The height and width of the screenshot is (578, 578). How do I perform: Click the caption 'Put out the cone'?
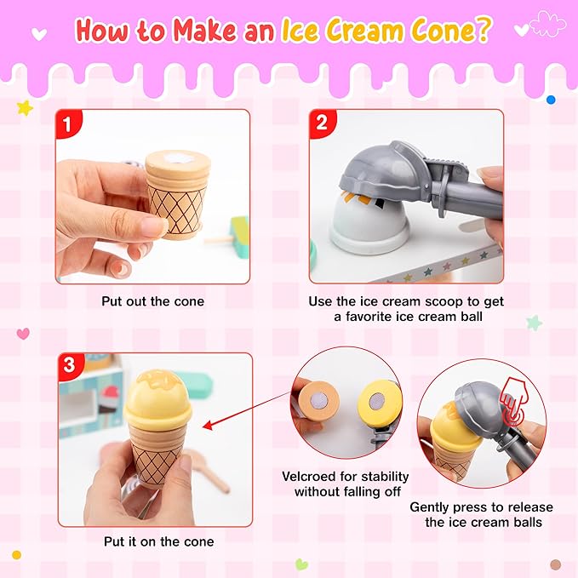[154, 301]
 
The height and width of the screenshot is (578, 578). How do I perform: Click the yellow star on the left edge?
[25, 108]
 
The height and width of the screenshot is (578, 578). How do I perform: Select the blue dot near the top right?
[551, 100]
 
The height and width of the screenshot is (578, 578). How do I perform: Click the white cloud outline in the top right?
[547, 24]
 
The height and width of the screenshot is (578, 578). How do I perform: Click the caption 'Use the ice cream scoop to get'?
[406, 301]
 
